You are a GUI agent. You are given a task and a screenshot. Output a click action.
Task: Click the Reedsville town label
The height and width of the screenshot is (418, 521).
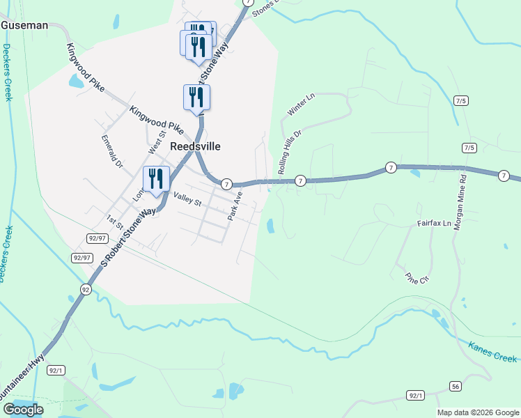tap(195, 146)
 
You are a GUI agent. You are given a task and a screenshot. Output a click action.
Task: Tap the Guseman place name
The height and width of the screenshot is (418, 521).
tap(24, 25)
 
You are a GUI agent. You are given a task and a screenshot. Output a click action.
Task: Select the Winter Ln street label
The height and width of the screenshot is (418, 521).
tap(301, 104)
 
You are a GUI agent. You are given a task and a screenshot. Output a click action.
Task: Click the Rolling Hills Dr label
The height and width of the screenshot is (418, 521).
tap(289, 152)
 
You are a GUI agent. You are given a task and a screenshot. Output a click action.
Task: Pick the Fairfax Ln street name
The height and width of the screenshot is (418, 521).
tap(435, 224)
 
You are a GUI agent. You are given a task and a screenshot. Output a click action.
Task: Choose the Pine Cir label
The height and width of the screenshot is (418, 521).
tap(417, 277)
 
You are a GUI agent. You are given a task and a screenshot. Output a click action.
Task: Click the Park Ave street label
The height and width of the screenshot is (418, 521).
tap(235, 208)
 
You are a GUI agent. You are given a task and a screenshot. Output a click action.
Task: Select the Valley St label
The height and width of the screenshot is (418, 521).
tap(187, 200)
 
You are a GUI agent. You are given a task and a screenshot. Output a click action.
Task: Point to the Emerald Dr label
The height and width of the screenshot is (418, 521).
tap(111, 152)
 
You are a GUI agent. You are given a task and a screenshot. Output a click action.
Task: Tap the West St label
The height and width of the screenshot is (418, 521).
tap(156, 143)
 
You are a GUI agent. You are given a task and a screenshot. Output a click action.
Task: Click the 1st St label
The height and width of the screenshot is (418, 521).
tap(114, 222)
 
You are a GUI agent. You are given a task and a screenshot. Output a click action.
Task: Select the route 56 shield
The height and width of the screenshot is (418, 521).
tap(456, 386)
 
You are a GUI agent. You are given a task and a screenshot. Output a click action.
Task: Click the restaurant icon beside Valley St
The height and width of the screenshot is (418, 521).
tap(156, 179)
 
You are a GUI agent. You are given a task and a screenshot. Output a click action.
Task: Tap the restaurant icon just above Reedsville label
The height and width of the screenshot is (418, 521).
tap(196, 97)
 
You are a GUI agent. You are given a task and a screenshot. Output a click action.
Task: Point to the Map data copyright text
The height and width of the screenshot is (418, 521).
tap(477, 412)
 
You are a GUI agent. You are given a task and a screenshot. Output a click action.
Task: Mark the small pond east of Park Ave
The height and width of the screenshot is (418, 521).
tap(270, 225)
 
